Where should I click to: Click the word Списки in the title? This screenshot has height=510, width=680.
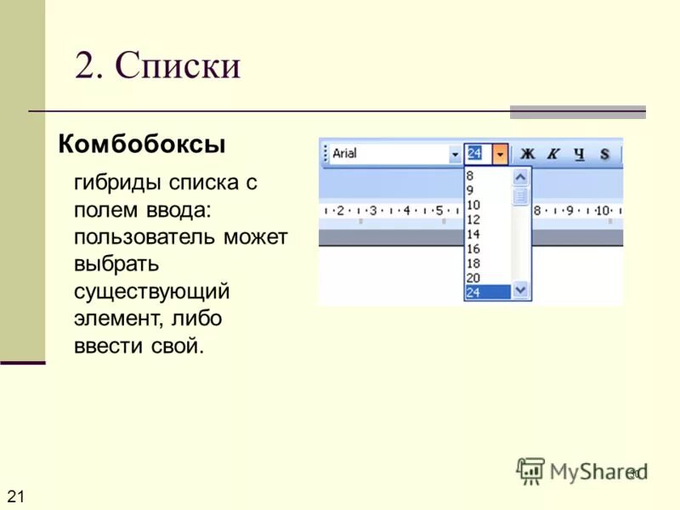click(178, 65)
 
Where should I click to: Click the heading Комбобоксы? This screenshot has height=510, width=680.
click(141, 144)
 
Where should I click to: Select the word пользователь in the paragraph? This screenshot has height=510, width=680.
click(145, 237)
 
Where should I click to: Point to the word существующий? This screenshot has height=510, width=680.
click(151, 292)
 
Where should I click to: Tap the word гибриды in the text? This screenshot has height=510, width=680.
click(116, 183)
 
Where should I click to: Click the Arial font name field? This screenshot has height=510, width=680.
click(387, 154)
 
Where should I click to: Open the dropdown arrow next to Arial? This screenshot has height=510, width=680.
click(455, 155)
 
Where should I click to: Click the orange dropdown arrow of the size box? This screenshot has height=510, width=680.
click(501, 155)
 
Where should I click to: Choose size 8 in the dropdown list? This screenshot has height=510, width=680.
click(470, 175)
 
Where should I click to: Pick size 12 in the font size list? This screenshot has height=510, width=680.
click(473, 219)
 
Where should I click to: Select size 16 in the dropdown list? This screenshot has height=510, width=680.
click(473, 248)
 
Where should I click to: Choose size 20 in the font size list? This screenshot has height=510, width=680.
click(473, 277)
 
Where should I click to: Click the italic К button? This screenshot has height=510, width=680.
click(552, 154)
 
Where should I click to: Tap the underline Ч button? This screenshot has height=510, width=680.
click(579, 154)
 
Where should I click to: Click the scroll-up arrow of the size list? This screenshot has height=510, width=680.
click(521, 176)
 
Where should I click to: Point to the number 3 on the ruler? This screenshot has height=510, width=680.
click(372, 210)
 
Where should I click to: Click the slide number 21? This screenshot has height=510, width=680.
click(15, 496)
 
